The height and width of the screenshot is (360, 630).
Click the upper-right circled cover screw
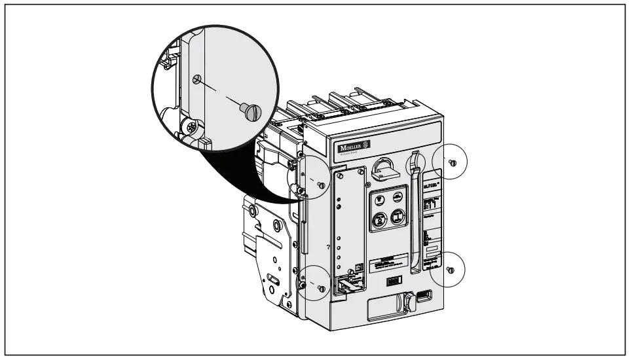452,162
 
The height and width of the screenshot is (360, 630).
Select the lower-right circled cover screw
449,269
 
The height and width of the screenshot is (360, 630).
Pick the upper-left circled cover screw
320,186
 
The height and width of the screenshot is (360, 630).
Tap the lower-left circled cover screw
320,287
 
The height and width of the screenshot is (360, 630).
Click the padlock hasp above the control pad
381,171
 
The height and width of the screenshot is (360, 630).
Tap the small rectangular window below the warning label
392,281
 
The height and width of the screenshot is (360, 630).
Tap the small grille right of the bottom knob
424,296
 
